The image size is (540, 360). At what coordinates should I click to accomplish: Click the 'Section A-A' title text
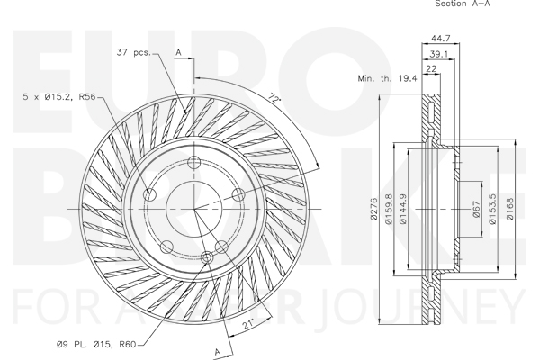[x=463, y=4]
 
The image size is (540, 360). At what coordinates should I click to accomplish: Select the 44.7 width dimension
[x=441, y=38]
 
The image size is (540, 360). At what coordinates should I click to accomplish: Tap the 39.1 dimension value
[x=439, y=54]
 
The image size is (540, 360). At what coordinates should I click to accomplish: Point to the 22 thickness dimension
[x=431, y=69]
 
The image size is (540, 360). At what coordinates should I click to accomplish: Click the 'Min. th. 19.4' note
[x=387, y=78]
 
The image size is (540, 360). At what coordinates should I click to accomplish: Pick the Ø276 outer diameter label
[x=374, y=209]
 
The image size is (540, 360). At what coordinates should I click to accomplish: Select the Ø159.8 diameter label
[x=389, y=209]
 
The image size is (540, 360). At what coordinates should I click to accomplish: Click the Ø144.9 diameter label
[x=403, y=209]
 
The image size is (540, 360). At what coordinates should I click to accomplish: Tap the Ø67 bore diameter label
[x=477, y=209]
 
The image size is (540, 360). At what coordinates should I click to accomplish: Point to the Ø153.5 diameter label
[x=493, y=209]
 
